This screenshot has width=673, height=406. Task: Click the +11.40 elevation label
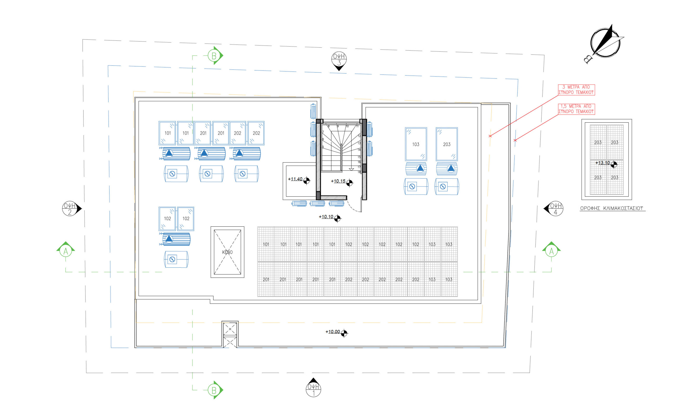(295, 179)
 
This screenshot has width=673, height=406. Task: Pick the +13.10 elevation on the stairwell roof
(603, 163)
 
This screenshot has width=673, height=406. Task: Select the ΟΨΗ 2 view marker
(70, 209)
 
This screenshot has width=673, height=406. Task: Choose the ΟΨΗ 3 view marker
(339, 60)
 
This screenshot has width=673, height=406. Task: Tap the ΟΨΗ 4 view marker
(555, 209)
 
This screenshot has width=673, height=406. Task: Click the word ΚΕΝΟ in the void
(227, 252)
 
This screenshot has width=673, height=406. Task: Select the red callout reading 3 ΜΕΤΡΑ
(576, 90)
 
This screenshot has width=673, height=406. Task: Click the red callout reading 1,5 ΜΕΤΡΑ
(576, 109)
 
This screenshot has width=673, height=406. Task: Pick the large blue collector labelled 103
(416, 144)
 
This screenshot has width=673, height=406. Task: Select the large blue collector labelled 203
(447, 144)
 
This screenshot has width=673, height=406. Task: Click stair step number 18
(359, 172)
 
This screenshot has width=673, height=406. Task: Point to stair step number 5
(323, 147)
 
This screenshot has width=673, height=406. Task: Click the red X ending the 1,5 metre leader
(515, 140)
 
